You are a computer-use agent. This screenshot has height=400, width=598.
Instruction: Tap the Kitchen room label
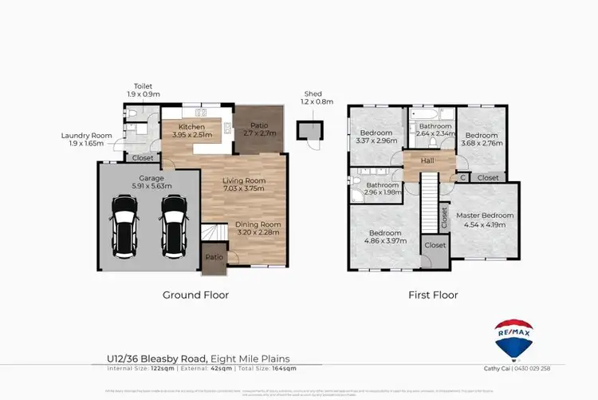(x=191, y=127)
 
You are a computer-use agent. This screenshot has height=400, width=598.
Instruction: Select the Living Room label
(x=243, y=180)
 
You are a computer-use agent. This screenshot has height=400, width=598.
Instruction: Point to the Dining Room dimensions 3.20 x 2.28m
(x=258, y=233)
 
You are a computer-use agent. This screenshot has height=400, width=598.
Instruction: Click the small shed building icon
(x=307, y=129)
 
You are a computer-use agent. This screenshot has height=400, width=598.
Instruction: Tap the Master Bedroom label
(x=485, y=215)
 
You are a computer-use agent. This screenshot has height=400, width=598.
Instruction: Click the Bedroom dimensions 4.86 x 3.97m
(x=384, y=240)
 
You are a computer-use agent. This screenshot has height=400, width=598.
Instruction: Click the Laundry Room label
(x=87, y=136)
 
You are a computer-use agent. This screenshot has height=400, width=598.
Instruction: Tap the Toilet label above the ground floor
(x=143, y=86)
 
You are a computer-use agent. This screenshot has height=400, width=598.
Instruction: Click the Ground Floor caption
(x=195, y=295)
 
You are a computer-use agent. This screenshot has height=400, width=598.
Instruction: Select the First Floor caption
(x=433, y=295)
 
